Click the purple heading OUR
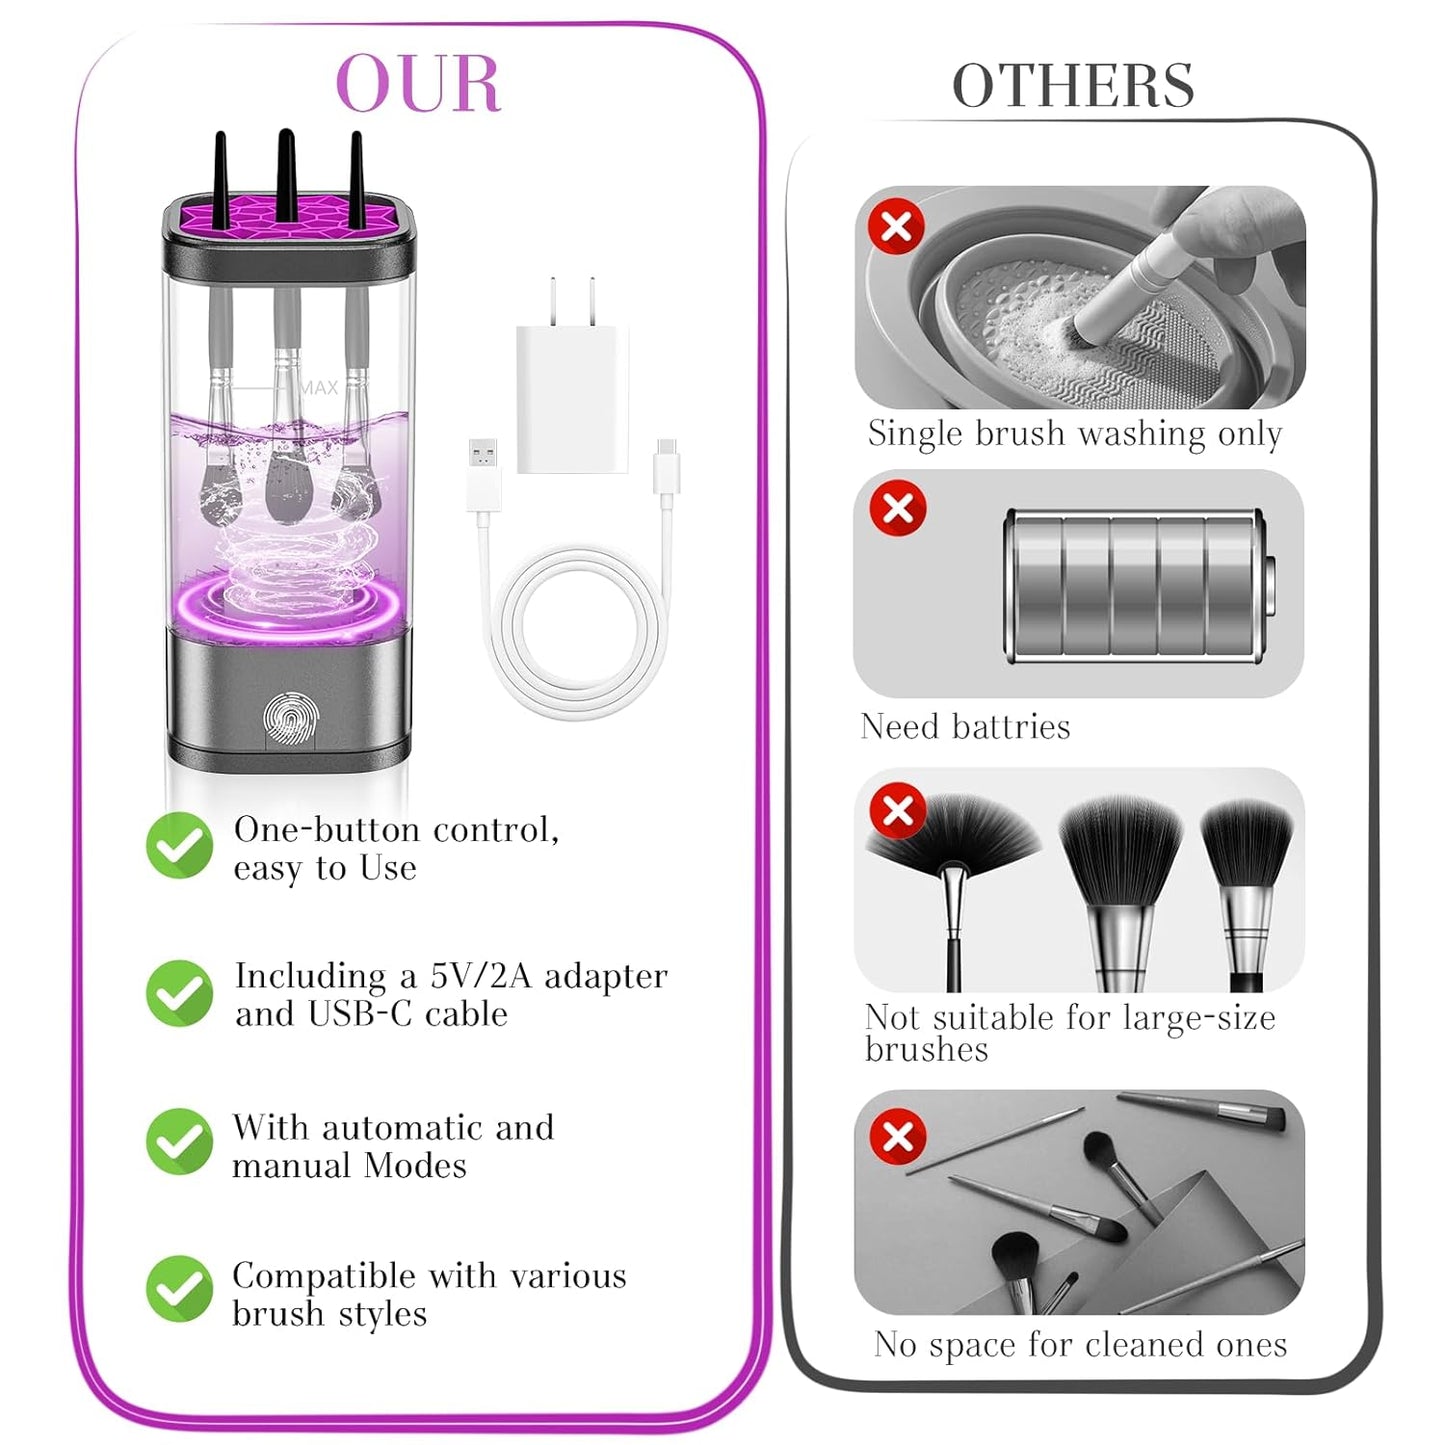pyautogui.click(x=418, y=84)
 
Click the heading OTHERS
pyautogui.click(x=1073, y=86)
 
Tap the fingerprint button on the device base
pyautogui.click(x=291, y=718)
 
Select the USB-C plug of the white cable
pyautogui.click(x=666, y=467)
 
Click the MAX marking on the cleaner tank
pyautogui.click(x=319, y=387)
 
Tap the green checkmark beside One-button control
pyautogui.click(x=180, y=845)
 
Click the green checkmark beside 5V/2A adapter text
pyautogui.click(x=180, y=993)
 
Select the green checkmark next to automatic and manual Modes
pyautogui.click(x=180, y=1141)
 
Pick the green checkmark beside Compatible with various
pyautogui.click(x=180, y=1289)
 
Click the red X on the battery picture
pyautogui.click(x=898, y=508)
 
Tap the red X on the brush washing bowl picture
pyautogui.click(x=896, y=226)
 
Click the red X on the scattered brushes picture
pyautogui.click(x=898, y=1136)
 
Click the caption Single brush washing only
pyautogui.click(x=1075, y=433)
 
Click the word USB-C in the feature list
pyautogui.click(x=360, y=1014)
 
